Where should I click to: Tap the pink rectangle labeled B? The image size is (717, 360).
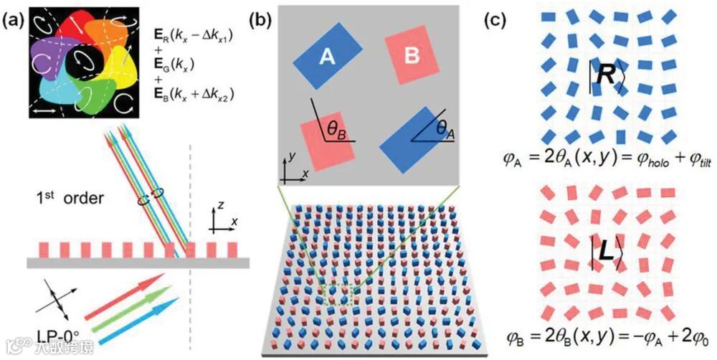(x=412, y=55)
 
